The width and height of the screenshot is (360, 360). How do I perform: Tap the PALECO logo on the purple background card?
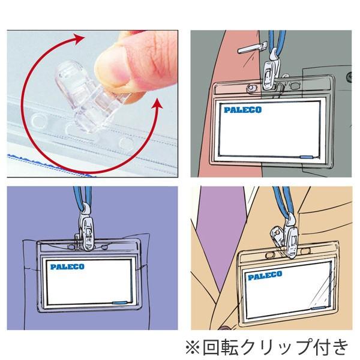67,265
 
